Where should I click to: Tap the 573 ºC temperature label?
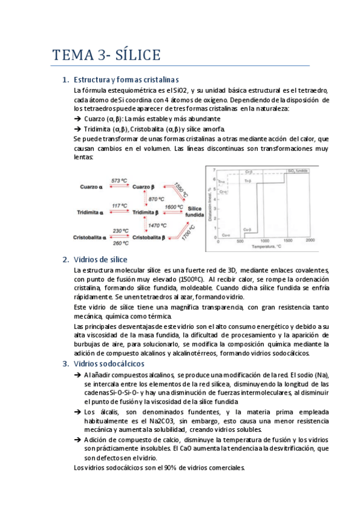119,180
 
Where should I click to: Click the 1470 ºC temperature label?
157,225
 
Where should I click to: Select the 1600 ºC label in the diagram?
174,206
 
